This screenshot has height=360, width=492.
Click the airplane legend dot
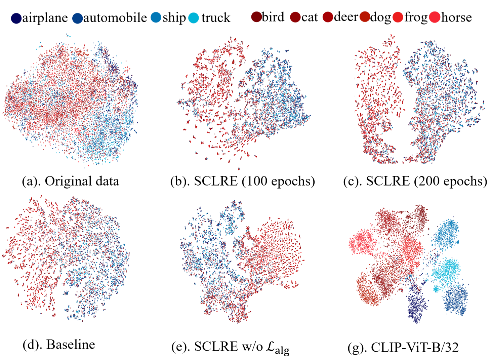16,18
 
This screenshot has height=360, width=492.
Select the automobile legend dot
78,18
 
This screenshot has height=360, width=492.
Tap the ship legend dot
156,17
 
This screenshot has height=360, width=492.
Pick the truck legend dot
194,18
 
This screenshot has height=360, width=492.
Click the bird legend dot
256,17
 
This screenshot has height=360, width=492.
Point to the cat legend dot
295,17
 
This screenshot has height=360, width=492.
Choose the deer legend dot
328,17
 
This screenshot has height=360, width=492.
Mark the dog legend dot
365,17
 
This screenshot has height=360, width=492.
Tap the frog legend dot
398,17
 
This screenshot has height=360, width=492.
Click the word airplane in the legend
45,18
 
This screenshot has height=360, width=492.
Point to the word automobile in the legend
115,18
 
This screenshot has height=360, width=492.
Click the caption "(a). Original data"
71,181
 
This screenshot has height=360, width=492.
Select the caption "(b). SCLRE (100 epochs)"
243,181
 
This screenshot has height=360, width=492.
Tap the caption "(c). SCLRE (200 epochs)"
415,181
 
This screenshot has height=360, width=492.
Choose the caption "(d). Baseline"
59,345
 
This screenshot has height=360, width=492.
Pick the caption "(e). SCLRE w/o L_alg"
230,347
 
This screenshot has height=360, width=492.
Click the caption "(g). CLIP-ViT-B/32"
403,347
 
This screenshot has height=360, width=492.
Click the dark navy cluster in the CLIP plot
417,303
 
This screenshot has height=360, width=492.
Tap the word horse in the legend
456,17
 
